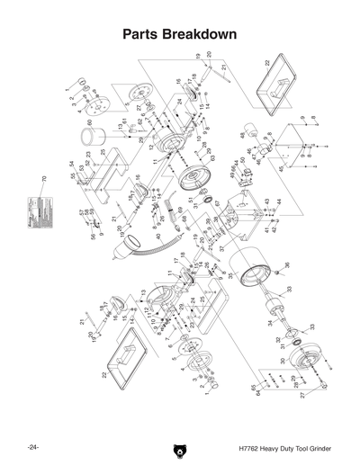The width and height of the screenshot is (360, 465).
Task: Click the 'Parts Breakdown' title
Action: pos(179,34)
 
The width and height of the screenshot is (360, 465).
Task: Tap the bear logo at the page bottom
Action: pos(179,447)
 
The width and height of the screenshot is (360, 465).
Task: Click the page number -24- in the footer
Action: pos(33,447)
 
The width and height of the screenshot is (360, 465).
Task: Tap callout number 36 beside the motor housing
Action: pos(287,264)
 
